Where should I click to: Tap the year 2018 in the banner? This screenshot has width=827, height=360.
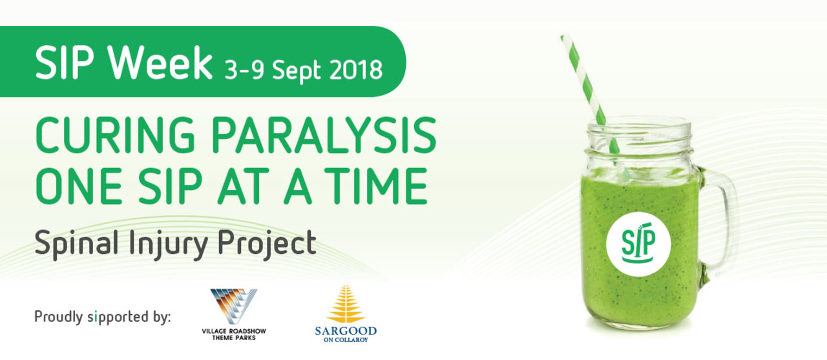355,70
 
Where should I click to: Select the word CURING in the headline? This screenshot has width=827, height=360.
115,135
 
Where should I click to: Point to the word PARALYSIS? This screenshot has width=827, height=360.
324,135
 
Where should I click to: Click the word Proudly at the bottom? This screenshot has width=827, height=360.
58,317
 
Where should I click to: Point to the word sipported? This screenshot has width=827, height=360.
118,317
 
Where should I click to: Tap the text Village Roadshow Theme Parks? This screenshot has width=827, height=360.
234,335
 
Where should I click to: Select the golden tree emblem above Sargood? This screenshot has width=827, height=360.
346,304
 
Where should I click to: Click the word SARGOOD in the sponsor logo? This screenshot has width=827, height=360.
346,331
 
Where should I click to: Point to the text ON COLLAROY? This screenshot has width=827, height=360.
346,340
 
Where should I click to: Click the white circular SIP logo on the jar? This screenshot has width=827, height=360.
638,244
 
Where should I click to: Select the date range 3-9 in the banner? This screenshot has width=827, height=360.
244,70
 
